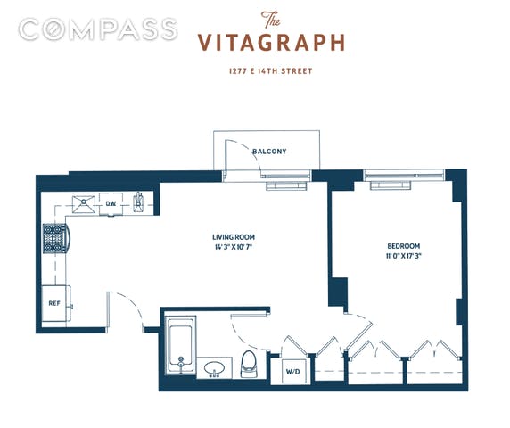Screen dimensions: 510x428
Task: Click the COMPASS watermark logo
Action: tap(97, 29)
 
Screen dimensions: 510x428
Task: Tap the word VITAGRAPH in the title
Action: tap(271, 43)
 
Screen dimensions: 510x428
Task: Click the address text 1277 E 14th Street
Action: tap(271, 71)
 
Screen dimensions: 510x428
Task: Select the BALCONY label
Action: tap(269, 152)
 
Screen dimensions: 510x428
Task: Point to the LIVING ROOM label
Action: tap(234, 237)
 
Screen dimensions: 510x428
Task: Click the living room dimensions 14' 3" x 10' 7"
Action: tap(234, 247)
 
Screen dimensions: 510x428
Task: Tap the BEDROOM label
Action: tap(403, 246)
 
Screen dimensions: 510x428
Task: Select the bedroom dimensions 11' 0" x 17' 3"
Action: tap(403, 256)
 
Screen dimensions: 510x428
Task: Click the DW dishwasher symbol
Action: tap(111, 204)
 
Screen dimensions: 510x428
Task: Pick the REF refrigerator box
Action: tap(55, 303)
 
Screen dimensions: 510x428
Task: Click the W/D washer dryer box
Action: tap(293, 371)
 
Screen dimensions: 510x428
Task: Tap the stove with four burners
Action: tap(55, 238)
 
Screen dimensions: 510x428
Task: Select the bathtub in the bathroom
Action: tap(180, 346)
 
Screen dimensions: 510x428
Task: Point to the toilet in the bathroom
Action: tap(249, 364)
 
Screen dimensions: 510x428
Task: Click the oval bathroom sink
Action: tap(214, 369)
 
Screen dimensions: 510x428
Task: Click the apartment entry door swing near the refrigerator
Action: tap(130, 305)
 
